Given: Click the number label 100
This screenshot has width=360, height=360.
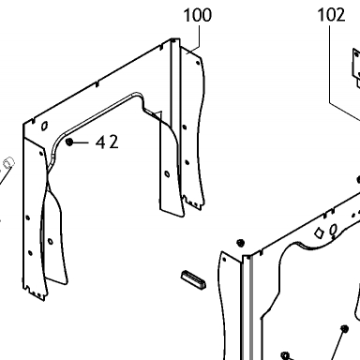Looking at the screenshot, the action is pyautogui.click(x=197, y=15).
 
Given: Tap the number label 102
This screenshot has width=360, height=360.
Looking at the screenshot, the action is pyautogui.click(x=331, y=15).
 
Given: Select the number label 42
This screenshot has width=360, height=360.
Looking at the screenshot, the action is pyautogui.click(x=107, y=142).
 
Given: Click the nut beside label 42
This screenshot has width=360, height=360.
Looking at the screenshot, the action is pyautogui.click(x=69, y=142).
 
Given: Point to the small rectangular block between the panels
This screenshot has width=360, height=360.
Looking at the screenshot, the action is pyautogui.click(x=194, y=279).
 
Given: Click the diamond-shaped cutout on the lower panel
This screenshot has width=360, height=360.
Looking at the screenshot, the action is pyautogui.click(x=320, y=233).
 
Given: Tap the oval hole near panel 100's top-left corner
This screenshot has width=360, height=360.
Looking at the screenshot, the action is pyautogui.click(x=45, y=126).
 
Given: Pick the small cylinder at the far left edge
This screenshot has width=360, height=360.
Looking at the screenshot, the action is pyautogui.click(x=8, y=162).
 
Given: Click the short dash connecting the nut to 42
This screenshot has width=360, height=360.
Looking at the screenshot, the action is pyautogui.click(x=81, y=142).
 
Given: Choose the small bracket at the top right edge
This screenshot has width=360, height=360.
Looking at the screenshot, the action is pyautogui.click(x=356, y=68).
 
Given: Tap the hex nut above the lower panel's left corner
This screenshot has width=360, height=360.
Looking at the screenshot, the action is pyautogui.click(x=240, y=243).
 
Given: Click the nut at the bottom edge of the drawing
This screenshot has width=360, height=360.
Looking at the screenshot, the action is pyautogui.click(x=285, y=355).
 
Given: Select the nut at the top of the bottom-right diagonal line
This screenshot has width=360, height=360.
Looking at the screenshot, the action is pyautogui.click(x=344, y=329).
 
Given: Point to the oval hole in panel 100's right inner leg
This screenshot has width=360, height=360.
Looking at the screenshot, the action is pyautogui.click(x=167, y=174).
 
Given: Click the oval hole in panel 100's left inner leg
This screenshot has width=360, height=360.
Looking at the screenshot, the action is pyautogui.click(x=50, y=241).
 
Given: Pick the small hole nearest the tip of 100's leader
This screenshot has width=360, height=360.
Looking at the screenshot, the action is pyautogui.click(x=198, y=63).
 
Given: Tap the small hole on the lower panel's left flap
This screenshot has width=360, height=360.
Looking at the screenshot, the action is pyautogui.click(x=224, y=260).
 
